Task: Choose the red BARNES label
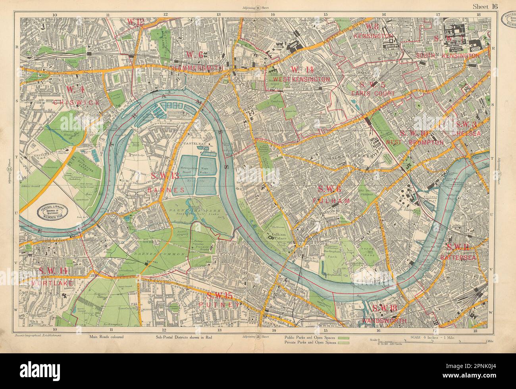[x=166, y=190]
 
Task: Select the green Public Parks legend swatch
[x=343, y=337]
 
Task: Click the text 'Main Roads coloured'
[x=107, y=337]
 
